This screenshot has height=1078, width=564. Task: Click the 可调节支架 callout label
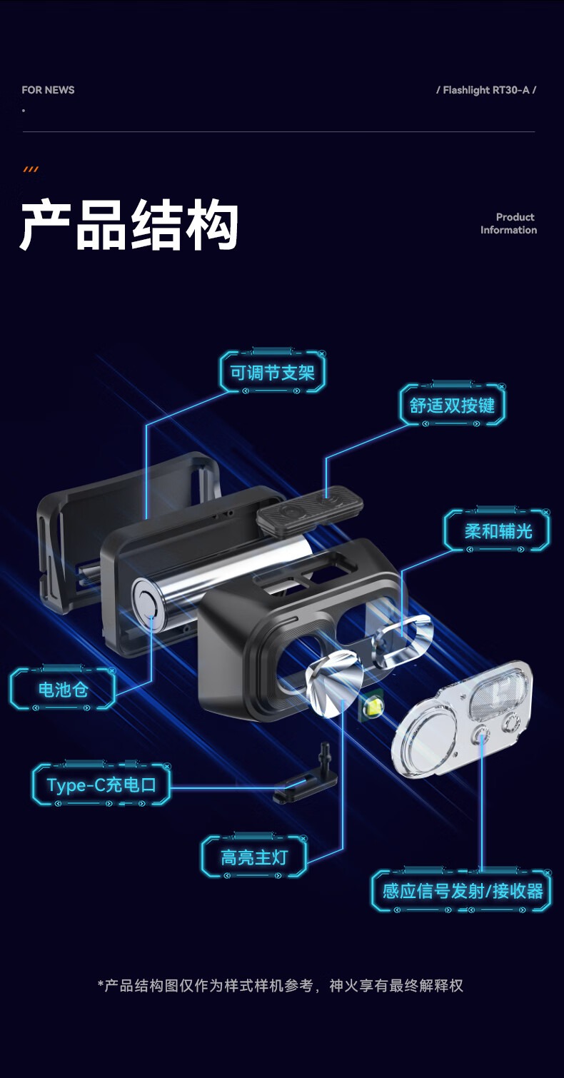[x=273, y=373]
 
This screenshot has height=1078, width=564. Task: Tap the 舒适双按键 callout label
[x=453, y=405]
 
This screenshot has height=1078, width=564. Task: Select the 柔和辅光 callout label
[x=498, y=531]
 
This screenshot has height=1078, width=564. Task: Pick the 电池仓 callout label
[x=63, y=690]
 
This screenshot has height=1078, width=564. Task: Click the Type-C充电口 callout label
[x=101, y=785]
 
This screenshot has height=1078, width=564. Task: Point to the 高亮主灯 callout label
[x=254, y=857]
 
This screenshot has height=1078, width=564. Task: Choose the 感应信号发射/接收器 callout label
[x=462, y=891]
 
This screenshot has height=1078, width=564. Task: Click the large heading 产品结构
[x=129, y=225]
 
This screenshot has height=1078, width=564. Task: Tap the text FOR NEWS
[x=48, y=90]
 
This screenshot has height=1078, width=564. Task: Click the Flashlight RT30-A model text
[x=486, y=90]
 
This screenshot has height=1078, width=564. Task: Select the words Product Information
[x=508, y=223]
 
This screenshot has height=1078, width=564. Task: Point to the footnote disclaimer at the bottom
[x=280, y=986]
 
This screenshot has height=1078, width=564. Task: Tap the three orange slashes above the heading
[x=31, y=169]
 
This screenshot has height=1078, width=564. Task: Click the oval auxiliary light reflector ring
[x=401, y=640]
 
